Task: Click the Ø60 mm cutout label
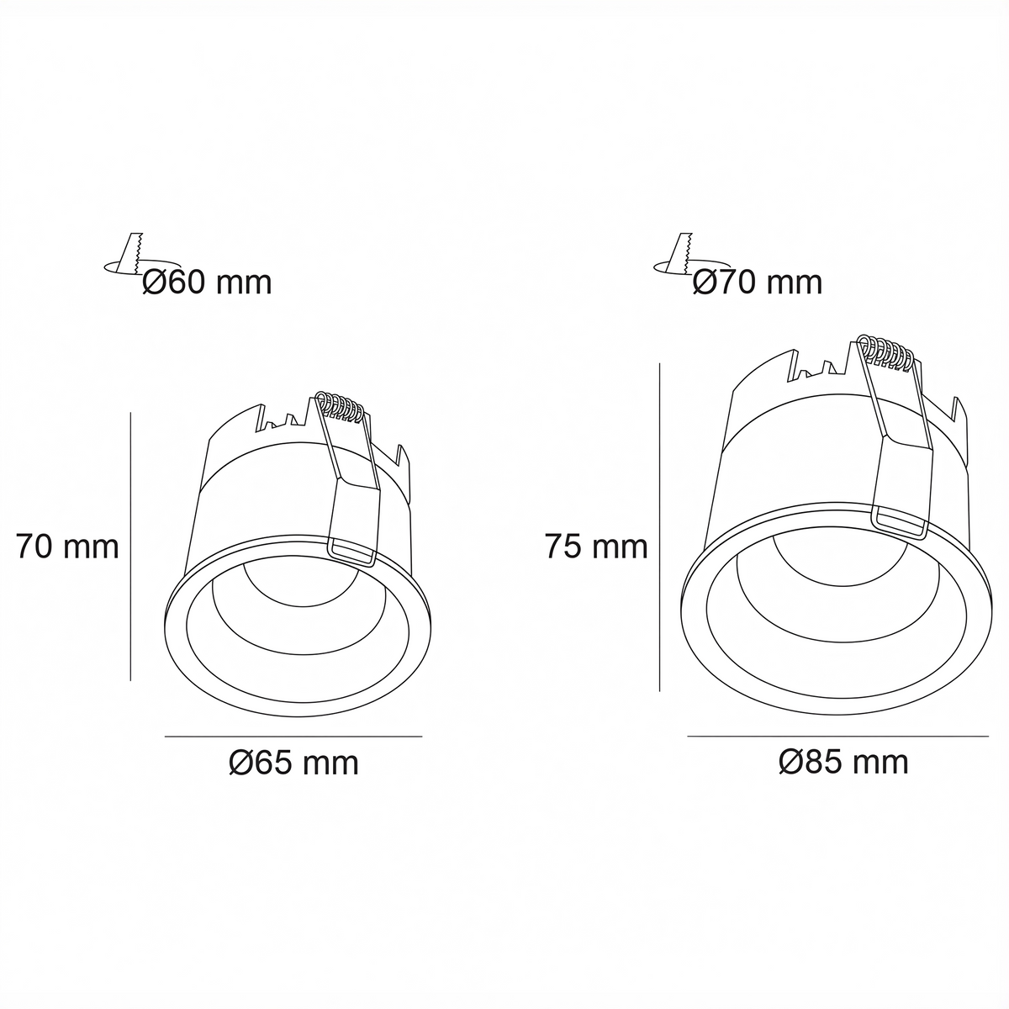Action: click(x=207, y=283)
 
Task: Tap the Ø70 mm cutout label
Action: click(x=757, y=283)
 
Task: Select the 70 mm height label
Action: click(x=67, y=547)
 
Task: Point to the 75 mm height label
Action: click(x=596, y=547)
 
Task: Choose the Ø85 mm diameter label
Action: click(x=843, y=762)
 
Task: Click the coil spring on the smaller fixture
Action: click(x=341, y=407)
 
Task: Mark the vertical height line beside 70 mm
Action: click(x=130, y=547)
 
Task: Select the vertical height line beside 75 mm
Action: click(x=660, y=527)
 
